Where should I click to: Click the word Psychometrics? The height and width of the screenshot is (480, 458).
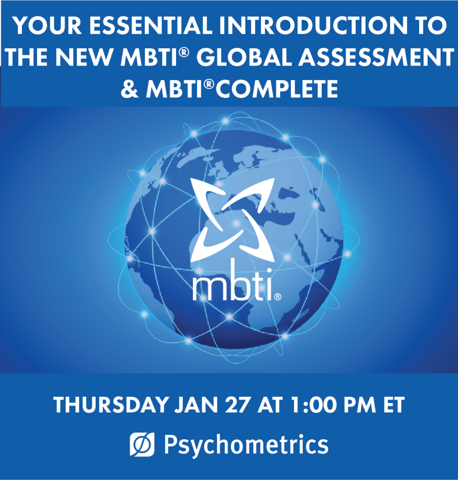pyautogui.click(x=245, y=444)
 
